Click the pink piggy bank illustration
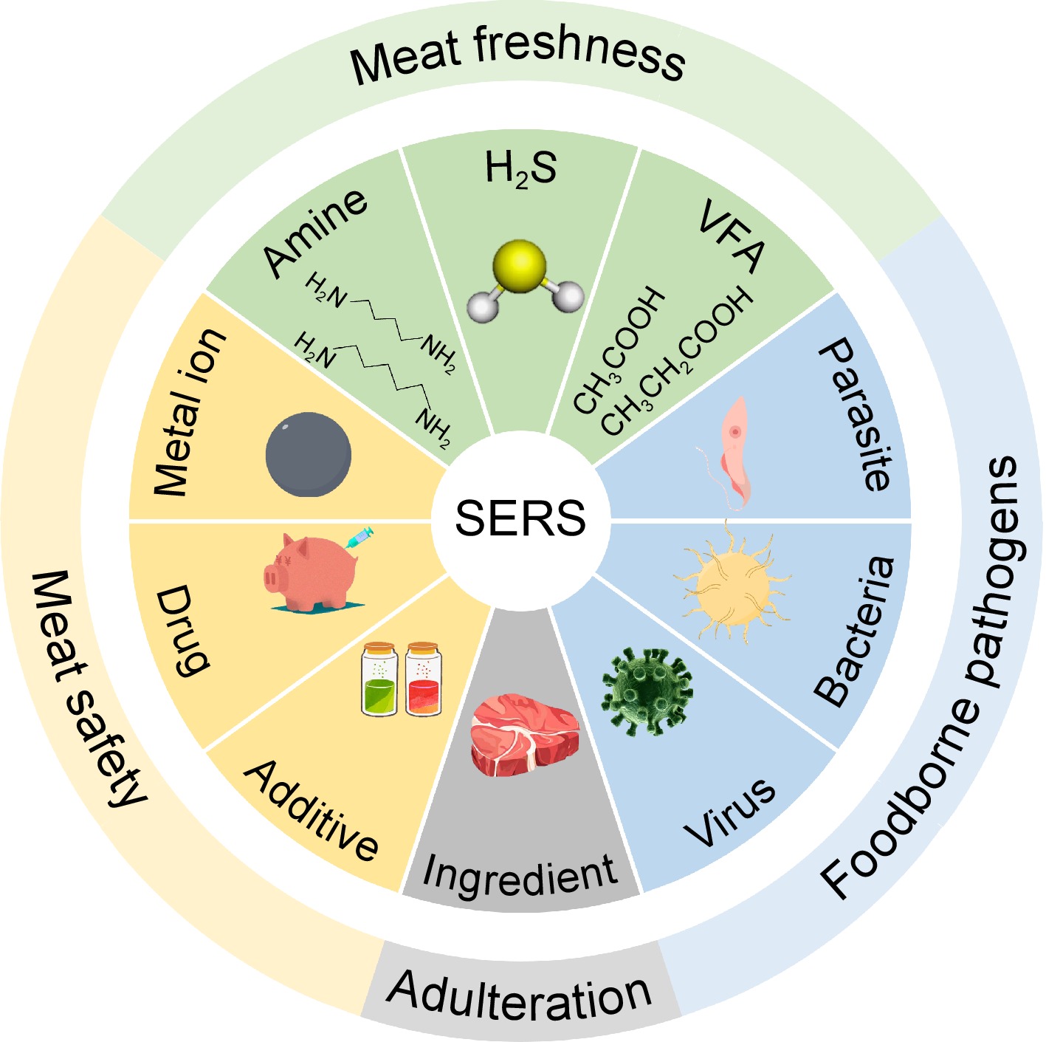coord(310,572)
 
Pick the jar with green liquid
coord(380,679)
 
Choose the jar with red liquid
coord(423,679)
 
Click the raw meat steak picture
coord(524,734)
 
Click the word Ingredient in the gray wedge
coord(520,876)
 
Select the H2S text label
coord(520,168)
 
